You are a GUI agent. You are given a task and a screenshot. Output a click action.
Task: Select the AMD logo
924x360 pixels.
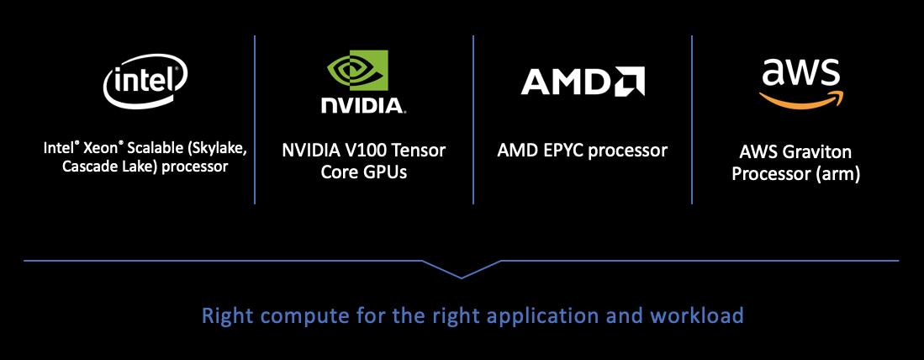click(582, 82)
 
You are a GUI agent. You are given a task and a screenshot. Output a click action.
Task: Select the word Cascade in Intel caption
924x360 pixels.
click(87, 166)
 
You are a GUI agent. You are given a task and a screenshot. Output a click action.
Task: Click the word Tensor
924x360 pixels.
click(418, 151)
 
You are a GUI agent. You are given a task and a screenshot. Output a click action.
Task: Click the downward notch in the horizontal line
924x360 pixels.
click(462, 274)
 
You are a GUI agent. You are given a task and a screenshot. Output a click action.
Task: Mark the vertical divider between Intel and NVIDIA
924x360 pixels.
click(255, 119)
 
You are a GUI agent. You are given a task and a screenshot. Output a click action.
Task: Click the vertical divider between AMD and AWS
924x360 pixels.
click(692, 119)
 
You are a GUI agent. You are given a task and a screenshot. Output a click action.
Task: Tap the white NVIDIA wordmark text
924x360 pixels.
click(362, 105)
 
